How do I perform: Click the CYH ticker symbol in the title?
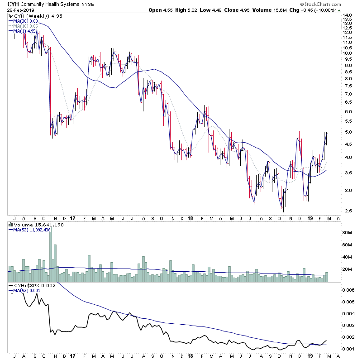coord(8,4)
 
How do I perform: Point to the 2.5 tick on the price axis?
coord(347,211)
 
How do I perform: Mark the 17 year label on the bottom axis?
coord(72,217)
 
